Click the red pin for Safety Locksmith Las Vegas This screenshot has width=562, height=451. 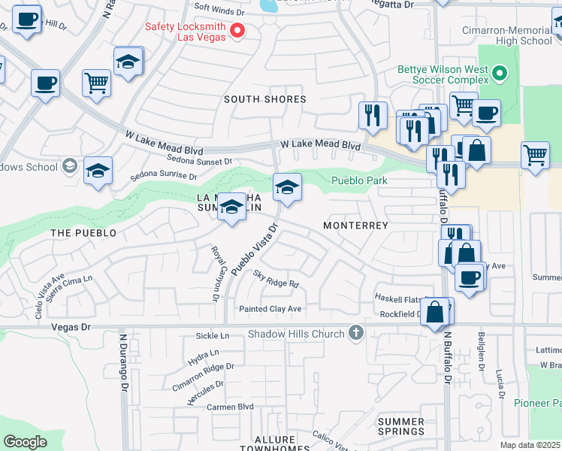click(x=237, y=31)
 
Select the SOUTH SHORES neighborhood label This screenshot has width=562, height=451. click(x=265, y=99)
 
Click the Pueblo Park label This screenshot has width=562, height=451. click(x=360, y=180)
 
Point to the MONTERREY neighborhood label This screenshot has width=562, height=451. click(x=355, y=225)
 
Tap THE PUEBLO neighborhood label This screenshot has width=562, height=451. click(x=83, y=233)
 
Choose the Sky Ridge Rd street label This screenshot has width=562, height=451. click(x=276, y=279)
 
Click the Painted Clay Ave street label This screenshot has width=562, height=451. click(x=270, y=309)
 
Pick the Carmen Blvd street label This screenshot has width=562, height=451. click(x=230, y=406)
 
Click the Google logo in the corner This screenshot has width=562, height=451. click(x=25, y=442)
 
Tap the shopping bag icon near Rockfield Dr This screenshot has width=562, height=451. click(x=435, y=311)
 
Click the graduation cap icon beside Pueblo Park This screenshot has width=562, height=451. click(x=287, y=188)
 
